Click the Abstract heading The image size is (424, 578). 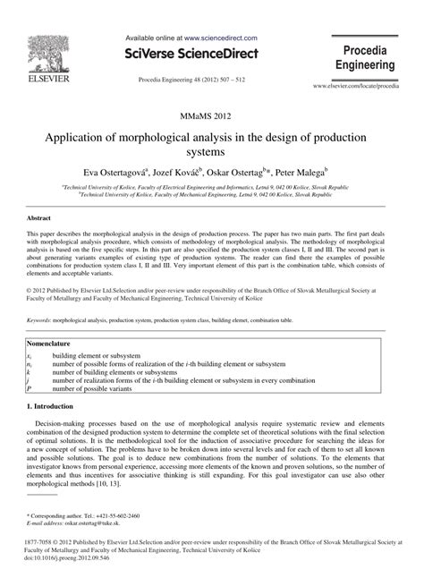[x=40, y=217]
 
